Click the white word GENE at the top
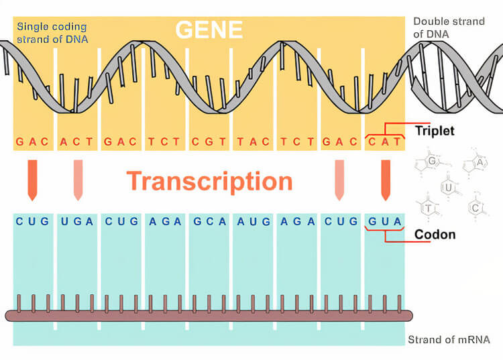pyautogui.click(x=209, y=29)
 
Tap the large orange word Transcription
pyautogui.click(x=209, y=182)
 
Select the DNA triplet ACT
pyautogui.click(x=76, y=141)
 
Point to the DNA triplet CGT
pyautogui.click(x=209, y=141)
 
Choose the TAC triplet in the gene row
pyautogui.click(x=253, y=141)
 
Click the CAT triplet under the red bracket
pyautogui.click(x=385, y=141)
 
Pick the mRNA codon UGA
pyautogui.click(x=77, y=221)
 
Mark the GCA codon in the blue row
pyautogui.click(x=209, y=221)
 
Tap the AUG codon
pyautogui.click(x=254, y=221)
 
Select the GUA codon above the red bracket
pyautogui.click(x=385, y=221)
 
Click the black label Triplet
pyautogui.click(x=435, y=131)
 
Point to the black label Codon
pyautogui.click(x=435, y=235)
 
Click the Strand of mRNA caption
pyautogui.click(x=449, y=339)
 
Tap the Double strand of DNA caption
pyautogui.click(x=449, y=27)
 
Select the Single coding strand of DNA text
pyautogui.click(x=52, y=33)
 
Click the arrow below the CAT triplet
pyautogui.click(x=386, y=180)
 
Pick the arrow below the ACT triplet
pyautogui.click(x=78, y=180)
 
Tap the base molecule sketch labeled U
pyautogui.click(x=449, y=186)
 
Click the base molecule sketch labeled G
pyautogui.click(x=431, y=162)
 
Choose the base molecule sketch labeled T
pyautogui.click(x=429, y=208)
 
